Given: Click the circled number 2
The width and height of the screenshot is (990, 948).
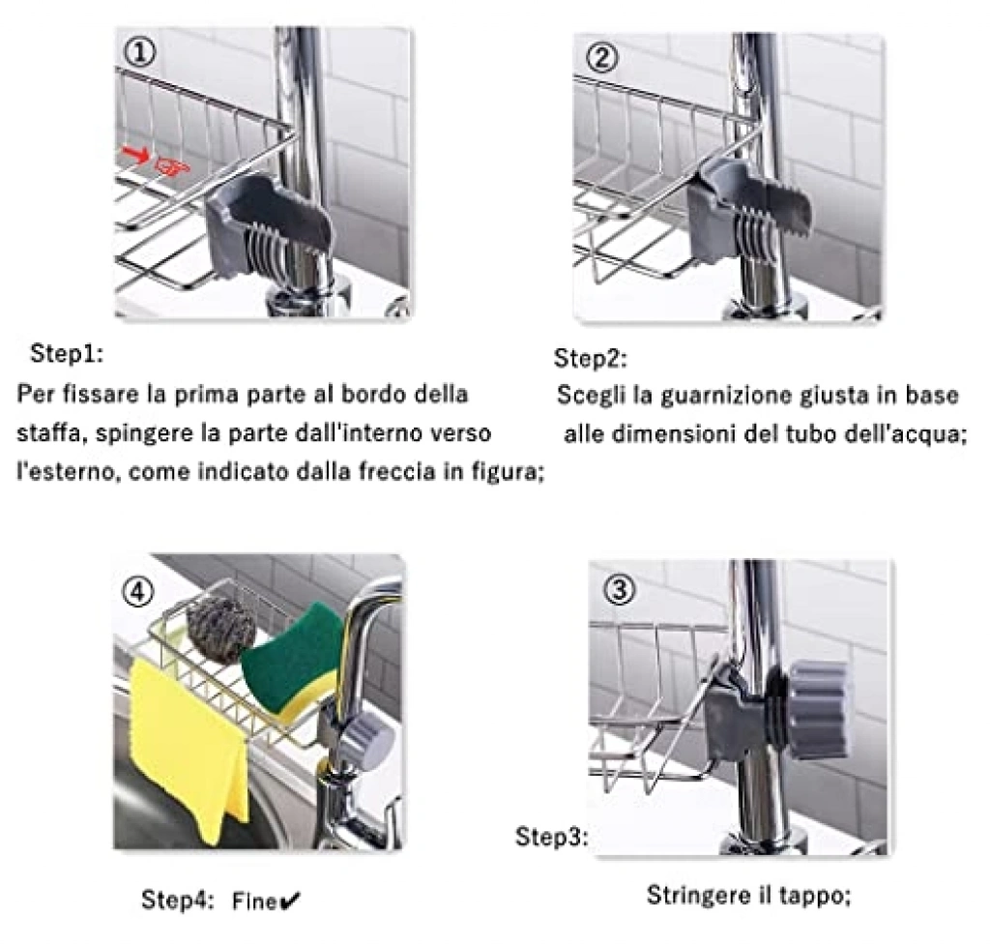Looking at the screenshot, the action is point(601,58).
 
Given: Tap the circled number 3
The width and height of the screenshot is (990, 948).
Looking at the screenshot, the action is point(620,590).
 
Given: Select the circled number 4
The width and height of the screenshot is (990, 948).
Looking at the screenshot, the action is point(137,593).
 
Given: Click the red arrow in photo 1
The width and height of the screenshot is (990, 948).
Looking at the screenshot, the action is point(135,152).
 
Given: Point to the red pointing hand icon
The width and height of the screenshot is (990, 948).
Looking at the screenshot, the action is point(172,165).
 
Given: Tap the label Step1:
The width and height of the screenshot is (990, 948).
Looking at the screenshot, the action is point(67,354).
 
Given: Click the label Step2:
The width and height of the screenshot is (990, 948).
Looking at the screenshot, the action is point(591,359).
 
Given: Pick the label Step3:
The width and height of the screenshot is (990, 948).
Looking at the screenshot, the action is point(552,837).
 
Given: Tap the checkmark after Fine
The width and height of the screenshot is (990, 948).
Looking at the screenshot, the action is point(290,902).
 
